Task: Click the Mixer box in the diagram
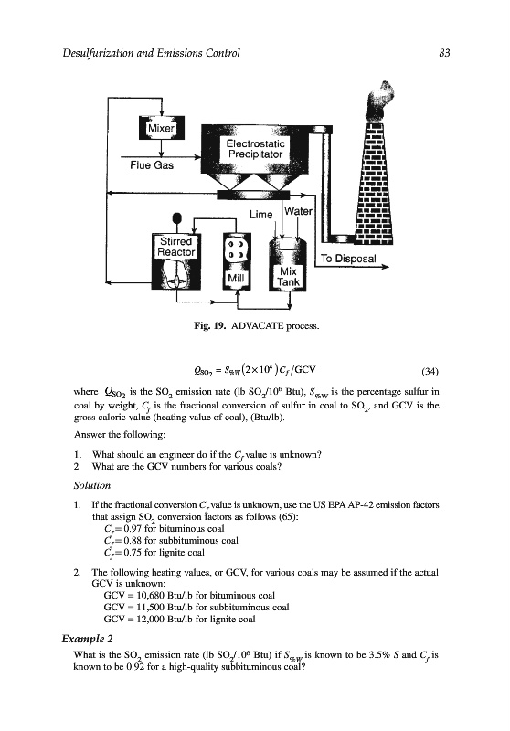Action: coord(161,128)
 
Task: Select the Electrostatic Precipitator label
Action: coord(256,149)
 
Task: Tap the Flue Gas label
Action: coord(152,165)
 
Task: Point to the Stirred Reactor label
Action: coord(175,247)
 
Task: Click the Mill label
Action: coord(236,279)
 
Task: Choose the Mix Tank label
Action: coord(288,277)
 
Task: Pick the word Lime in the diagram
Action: coord(261,215)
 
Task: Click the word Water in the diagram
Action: coord(298,211)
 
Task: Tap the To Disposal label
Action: coord(348,259)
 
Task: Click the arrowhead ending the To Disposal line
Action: coord(385,267)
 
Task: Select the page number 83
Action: coord(445,53)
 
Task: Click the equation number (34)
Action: coord(430,371)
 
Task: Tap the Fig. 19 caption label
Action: coord(209,325)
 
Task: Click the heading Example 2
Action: coord(87,639)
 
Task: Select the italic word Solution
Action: coord(92,485)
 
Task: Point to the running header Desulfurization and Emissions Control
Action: coord(152,53)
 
